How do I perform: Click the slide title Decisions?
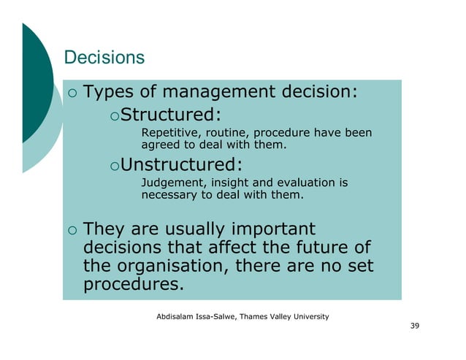pos(104,57)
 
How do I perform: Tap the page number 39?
pos(414,325)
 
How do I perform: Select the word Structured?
pos(170,115)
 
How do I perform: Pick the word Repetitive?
pos(167,133)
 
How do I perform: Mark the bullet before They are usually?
pos(70,229)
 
